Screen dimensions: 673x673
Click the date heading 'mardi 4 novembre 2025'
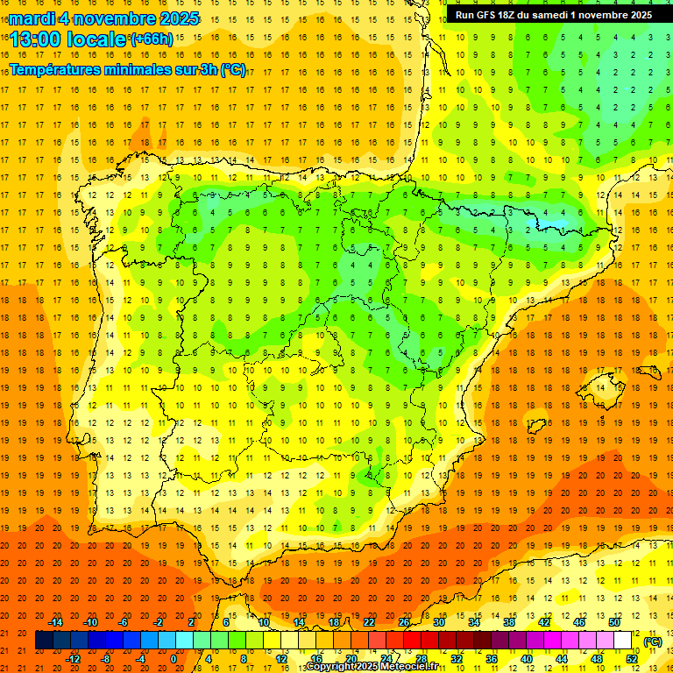point(104,18)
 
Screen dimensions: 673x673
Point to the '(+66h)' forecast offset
point(152,39)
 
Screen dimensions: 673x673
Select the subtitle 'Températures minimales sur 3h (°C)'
point(128,70)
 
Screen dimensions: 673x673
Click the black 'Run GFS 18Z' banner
point(553,15)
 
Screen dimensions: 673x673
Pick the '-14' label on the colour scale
point(57,622)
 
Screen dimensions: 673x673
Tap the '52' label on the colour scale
point(632,659)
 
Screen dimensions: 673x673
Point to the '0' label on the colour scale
point(174,659)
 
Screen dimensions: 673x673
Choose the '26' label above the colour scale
point(404,622)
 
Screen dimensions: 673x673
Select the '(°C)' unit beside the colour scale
point(652,641)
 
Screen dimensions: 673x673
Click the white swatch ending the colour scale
point(623,641)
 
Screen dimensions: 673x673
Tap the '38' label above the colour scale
point(509,622)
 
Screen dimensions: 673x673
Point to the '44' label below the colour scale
point(562,659)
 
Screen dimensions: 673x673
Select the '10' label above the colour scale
point(264,622)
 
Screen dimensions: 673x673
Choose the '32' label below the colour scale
point(457,659)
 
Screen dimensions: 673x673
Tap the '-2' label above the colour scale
point(159,622)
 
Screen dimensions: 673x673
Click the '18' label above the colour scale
point(334,622)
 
